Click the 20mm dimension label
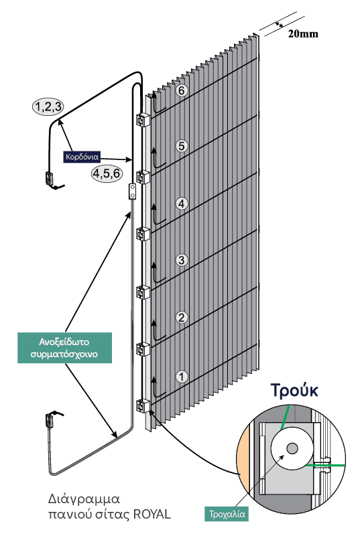coord(303,34)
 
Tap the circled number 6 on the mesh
coord(182,90)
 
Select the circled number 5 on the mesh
coord(182,146)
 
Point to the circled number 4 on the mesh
coord(182,204)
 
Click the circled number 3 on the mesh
coord(182,260)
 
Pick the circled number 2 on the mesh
coord(182,318)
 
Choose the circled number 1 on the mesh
coord(182,377)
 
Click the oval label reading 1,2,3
coord(48,107)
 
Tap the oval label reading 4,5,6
coord(107,174)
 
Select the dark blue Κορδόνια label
coord(82,157)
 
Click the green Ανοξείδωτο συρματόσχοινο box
coord(64,348)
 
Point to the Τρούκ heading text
coord(294,390)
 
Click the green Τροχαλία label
coord(227,514)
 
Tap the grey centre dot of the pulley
coord(292,448)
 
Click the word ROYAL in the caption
coord(152,514)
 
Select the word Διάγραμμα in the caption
coord(84,499)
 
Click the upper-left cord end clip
coord(48,178)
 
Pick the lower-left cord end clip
coord(48,420)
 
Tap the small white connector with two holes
coord(131,191)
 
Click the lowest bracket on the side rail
coord(143,406)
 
